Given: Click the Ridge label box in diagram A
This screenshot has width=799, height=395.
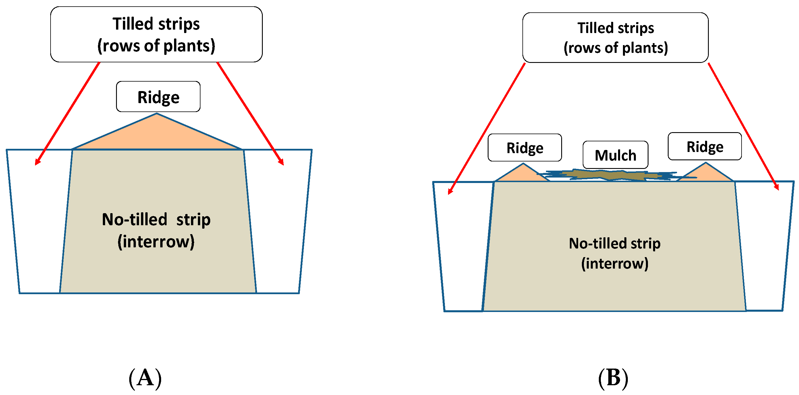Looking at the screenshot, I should tap(158, 97).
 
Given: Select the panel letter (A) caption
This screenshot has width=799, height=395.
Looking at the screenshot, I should tap(145, 378).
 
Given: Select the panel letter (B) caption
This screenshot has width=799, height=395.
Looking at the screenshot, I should tap(613, 378).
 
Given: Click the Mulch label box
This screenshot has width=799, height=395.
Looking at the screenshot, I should tap(615, 155).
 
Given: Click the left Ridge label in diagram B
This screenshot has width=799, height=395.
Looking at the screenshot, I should tap(524, 148).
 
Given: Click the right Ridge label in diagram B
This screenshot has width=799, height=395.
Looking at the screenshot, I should tap(705, 147).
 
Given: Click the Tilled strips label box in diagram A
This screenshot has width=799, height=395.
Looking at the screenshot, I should tap(156, 34).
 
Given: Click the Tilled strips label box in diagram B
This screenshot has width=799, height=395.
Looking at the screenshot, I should tap(615, 38).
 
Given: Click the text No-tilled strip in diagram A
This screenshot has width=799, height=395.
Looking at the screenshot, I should tap(156, 219).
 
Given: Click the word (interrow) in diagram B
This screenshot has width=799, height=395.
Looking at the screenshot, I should tap(614, 263).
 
